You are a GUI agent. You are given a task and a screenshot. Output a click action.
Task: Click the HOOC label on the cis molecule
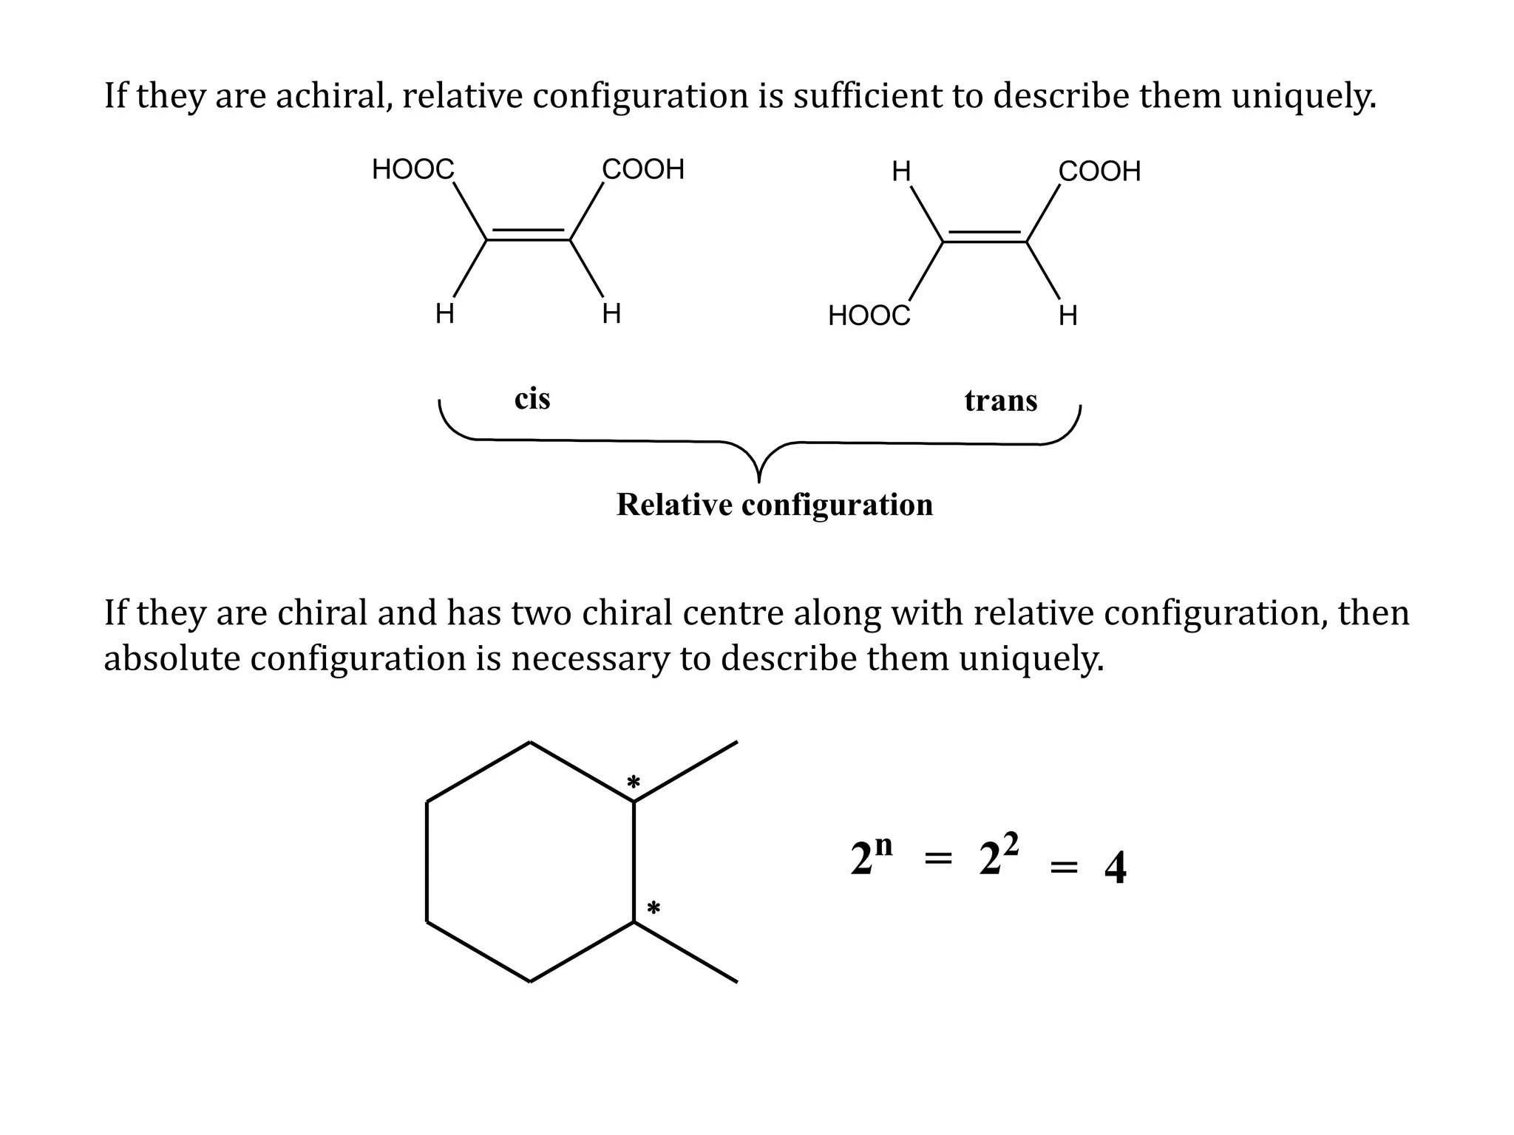[413, 170]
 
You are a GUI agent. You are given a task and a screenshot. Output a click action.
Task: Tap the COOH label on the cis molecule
[643, 170]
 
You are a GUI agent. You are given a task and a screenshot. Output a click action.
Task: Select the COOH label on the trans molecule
[1099, 171]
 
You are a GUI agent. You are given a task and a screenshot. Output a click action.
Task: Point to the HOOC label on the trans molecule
[869, 316]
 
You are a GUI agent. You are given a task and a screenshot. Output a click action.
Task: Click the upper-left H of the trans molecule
[901, 172]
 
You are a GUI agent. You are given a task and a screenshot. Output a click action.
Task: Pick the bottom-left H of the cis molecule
[444, 314]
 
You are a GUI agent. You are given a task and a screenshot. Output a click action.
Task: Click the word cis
[532, 399]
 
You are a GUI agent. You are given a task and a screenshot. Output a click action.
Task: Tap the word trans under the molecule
[1001, 401]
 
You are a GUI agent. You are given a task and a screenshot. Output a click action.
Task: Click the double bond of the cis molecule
[528, 235]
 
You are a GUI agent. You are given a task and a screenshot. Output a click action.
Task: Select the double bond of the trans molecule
[985, 236]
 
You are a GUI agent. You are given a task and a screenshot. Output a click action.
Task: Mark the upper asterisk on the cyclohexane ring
[634, 782]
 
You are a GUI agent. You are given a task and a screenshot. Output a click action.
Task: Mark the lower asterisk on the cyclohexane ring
[654, 908]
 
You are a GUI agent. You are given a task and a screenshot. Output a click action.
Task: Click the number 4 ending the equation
[1115, 868]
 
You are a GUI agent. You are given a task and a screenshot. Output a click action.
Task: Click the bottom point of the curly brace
[759, 480]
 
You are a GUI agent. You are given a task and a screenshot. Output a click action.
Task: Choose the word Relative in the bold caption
[674, 505]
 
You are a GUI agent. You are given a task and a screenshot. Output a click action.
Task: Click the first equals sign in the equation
[938, 859]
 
